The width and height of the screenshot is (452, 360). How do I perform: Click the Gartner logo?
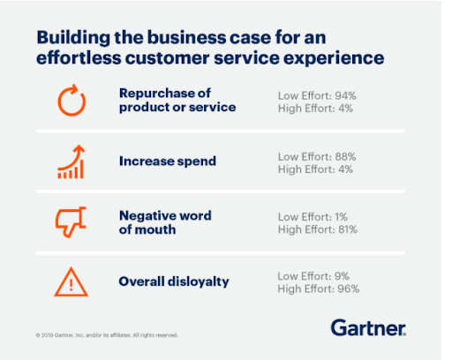pos(368,327)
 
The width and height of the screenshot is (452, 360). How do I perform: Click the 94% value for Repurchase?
pos(345,96)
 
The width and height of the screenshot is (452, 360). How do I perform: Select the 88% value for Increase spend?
pos(345,157)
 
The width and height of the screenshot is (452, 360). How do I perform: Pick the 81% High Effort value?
pos(348,229)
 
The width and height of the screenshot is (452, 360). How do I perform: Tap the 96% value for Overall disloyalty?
pos(349,289)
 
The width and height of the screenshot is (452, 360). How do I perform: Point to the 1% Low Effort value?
pos(341,217)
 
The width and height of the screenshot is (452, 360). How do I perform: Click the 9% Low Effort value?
pos(342,276)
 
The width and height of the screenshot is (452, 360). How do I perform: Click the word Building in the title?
pos(73,38)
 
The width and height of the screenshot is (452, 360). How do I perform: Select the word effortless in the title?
pos(79,57)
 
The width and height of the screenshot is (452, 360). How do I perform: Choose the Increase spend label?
pos(168,161)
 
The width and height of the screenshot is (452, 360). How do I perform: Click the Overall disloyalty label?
pos(174,281)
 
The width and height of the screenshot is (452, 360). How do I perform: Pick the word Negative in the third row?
pos(145,216)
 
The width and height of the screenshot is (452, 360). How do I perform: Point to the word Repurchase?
pos(155,94)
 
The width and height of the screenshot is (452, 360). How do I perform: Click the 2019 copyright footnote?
pos(107,335)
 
